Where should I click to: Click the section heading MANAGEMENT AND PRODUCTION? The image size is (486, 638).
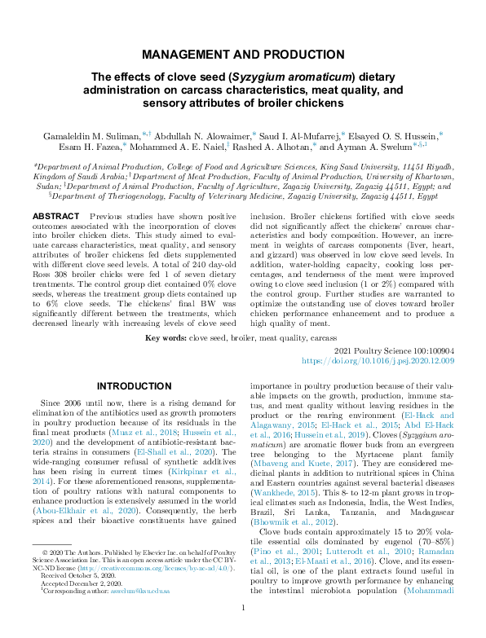click(243, 55)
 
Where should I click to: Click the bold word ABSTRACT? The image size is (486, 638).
click(55, 216)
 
